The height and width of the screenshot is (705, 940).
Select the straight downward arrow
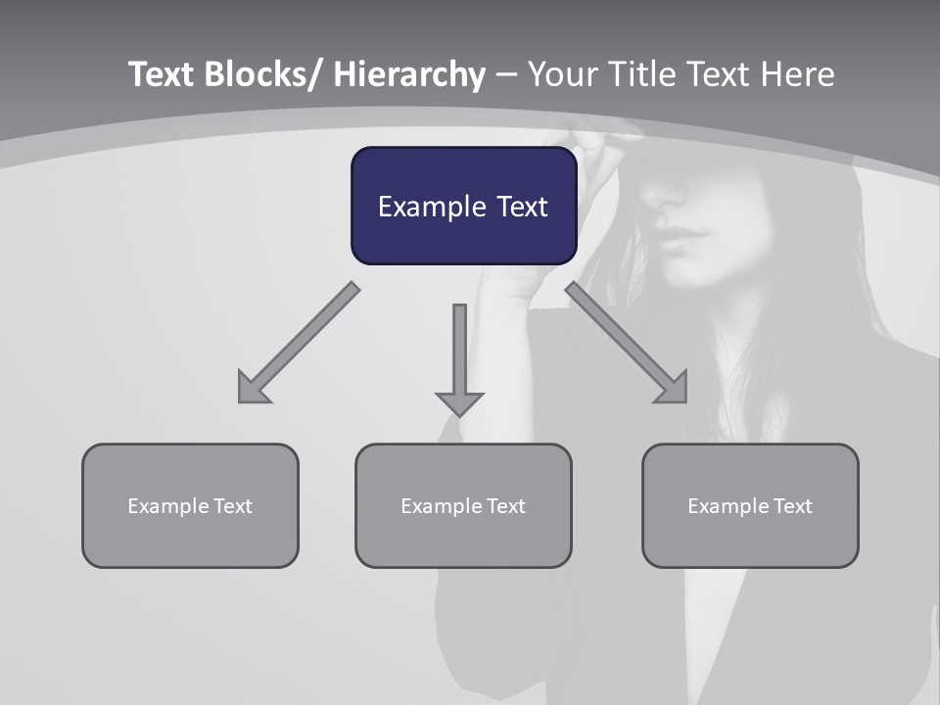(x=459, y=358)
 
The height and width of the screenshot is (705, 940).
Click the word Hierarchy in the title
(x=409, y=74)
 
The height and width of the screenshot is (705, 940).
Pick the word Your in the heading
(x=561, y=74)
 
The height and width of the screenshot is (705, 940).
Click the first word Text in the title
(x=162, y=74)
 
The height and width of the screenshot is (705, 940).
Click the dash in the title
(x=506, y=74)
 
